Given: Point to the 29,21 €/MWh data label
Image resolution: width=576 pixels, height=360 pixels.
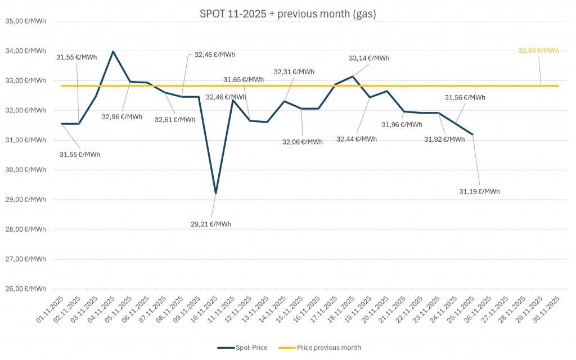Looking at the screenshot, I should (211, 224).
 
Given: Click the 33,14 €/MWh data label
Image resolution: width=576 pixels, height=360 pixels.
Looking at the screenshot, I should (369, 58).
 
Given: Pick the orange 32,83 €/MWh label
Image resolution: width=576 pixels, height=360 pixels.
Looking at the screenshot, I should (538, 51).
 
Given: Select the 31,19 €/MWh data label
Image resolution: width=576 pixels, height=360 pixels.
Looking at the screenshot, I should (479, 192).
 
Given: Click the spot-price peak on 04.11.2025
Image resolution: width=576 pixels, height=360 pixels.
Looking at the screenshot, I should (113, 51).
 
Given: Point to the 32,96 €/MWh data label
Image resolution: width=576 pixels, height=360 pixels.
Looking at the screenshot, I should (122, 117).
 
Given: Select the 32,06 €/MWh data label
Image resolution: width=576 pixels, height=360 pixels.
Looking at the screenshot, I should (303, 142).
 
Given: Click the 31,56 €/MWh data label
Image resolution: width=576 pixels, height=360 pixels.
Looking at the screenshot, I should (465, 98).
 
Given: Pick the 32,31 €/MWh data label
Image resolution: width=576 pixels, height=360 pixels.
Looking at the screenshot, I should (294, 72).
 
